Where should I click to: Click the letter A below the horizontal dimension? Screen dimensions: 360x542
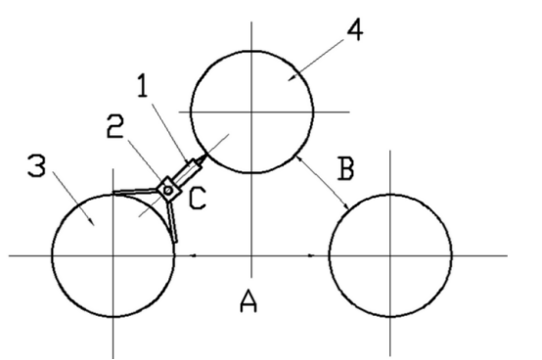coord(249,305)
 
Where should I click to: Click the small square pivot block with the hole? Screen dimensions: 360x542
coord(169,186)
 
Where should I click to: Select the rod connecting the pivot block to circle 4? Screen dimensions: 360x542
coord(187,167)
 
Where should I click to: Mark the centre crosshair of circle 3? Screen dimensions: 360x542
coord(113,255)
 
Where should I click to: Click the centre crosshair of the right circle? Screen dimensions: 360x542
coord(389,255)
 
